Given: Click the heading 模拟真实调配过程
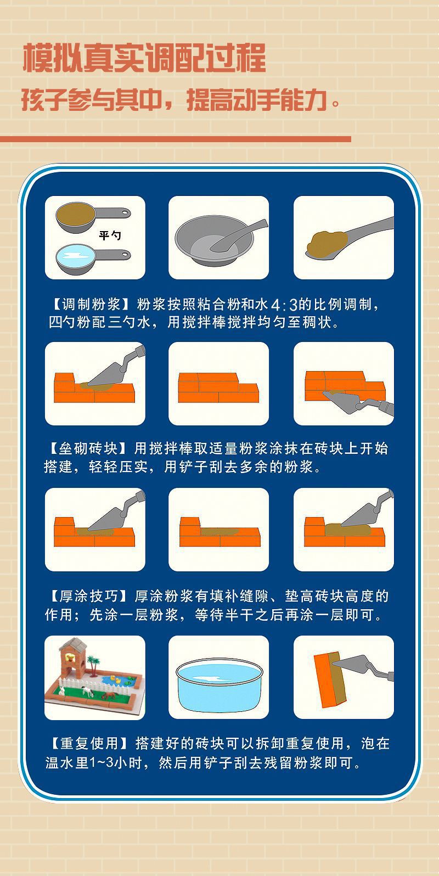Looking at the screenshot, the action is tap(144, 58).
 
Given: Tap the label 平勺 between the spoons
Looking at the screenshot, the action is tap(109, 235).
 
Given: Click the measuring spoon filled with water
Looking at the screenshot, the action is tap(93, 259).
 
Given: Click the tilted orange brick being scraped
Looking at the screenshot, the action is tap(330, 680).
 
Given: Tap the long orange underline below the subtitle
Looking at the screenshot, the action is tap(176, 139).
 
